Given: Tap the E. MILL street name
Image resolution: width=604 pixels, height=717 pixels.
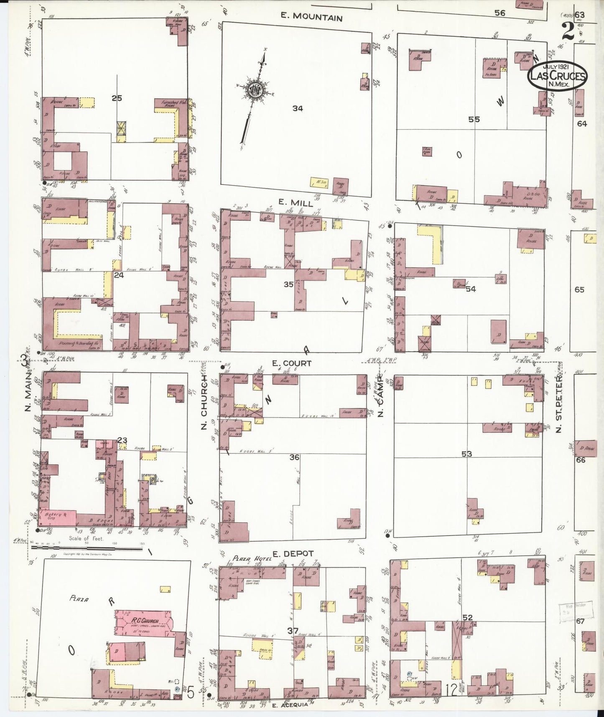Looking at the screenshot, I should pyautogui.click(x=296, y=203).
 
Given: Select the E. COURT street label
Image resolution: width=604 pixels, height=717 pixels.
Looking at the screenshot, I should pyautogui.click(x=292, y=363).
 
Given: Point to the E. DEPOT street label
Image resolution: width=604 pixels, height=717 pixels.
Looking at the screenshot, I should pyautogui.click(x=288, y=554).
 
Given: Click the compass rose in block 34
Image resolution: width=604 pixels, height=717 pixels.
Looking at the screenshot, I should pyautogui.click(x=254, y=90).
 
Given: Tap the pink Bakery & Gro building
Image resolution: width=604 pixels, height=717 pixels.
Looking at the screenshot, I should pyautogui.click(x=58, y=518).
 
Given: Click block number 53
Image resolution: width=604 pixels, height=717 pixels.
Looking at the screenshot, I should pyautogui.click(x=466, y=454).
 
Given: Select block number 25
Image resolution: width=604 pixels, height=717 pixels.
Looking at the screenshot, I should pyautogui.click(x=117, y=98).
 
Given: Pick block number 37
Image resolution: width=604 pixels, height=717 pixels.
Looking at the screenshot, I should pyautogui.click(x=293, y=630).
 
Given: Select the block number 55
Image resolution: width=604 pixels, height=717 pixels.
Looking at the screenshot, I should pyautogui.click(x=474, y=119).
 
